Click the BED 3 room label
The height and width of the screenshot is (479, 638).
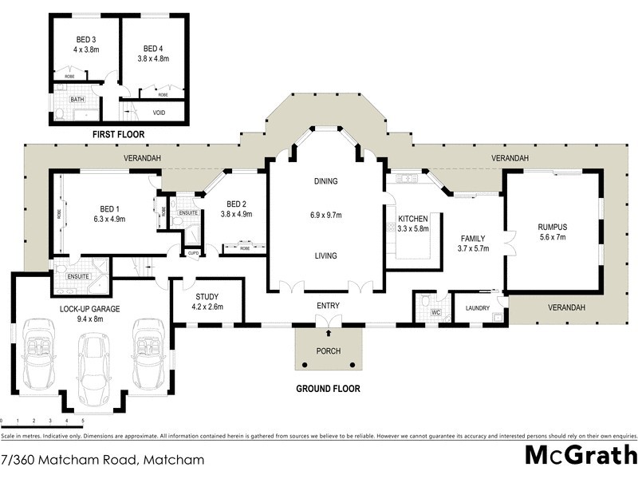(86, 39)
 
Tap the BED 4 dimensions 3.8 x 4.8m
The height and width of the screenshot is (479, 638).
(154, 57)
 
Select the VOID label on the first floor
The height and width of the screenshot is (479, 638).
(159, 113)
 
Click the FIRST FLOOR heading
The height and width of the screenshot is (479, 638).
(120, 134)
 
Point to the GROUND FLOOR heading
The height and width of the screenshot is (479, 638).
(328, 390)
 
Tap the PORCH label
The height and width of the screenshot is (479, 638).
(329, 351)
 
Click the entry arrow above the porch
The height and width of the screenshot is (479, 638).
(329, 321)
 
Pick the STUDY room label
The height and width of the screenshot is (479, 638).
(207, 297)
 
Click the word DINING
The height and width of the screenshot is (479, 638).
(325, 181)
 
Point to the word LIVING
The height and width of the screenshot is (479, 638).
(325, 256)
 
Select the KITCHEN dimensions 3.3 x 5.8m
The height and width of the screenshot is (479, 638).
(414, 229)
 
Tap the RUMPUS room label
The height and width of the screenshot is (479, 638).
(552, 226)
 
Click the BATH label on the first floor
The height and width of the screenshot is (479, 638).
(77, 99)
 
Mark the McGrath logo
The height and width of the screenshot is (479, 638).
(580, 455)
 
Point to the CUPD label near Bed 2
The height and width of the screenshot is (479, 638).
(192, 253)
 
